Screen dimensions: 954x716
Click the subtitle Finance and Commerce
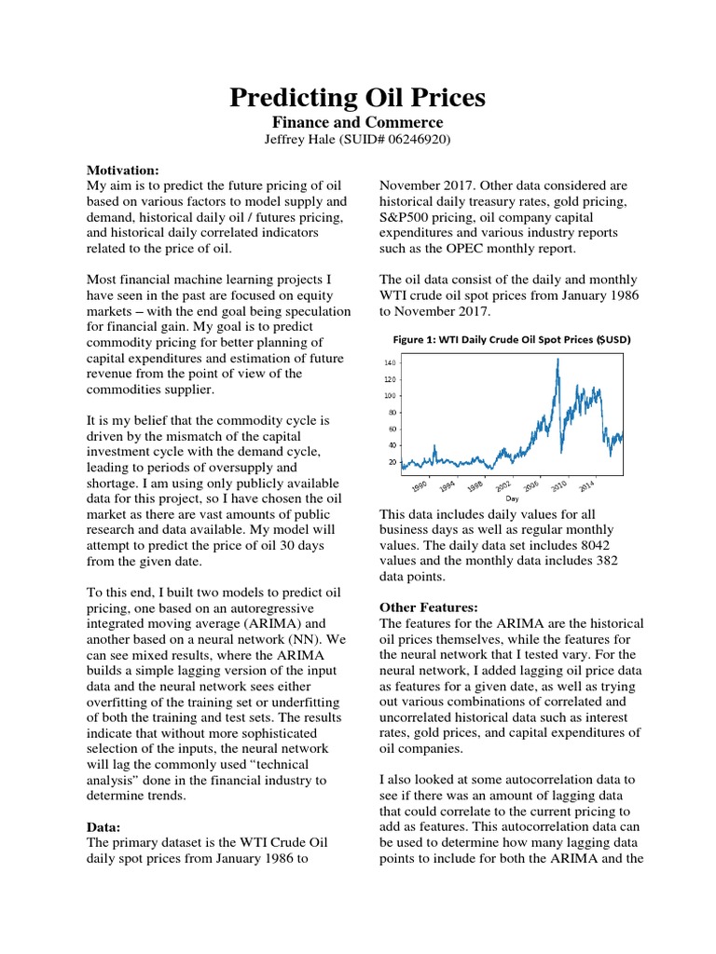357,122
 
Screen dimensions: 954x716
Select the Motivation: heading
123,170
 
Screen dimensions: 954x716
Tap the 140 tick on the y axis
390,362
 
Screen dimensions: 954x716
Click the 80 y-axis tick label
392,413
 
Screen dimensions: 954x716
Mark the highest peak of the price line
558,359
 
